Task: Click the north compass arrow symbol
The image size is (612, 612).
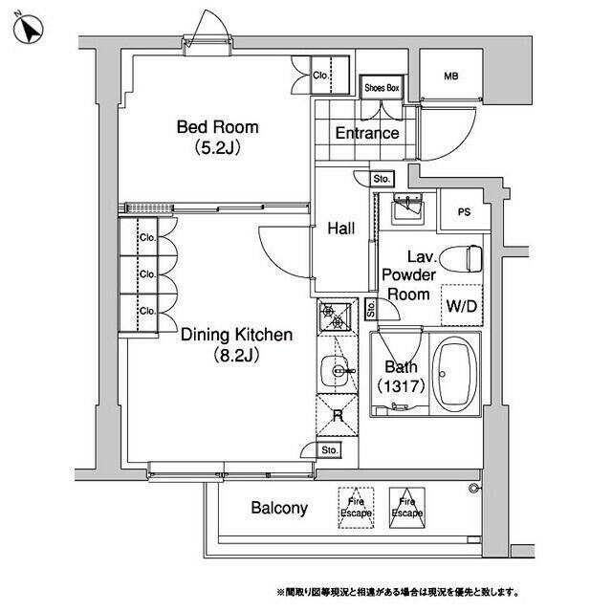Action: click(x=28, y=29)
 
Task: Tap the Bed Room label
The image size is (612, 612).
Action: click(x=217, y=127)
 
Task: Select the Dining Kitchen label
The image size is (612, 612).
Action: click(x=236, y=335)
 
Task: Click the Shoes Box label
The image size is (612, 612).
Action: click(x=382, y=88)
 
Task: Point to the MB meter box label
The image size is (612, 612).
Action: click(x=450, y=76)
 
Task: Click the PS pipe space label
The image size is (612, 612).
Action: click(x=464, y=212)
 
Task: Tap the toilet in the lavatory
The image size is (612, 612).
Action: click(x=461, y=258)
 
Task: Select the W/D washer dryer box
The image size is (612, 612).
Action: click(x=462, y=306)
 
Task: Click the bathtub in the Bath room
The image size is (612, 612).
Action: click(x=454, y=374)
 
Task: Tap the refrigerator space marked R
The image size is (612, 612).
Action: click(x=338, y=415)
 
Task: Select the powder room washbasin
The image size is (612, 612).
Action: click(x=408, y=208)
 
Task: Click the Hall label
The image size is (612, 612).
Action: click(x=341, y=229)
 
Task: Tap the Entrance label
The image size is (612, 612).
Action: click(x=367, y=133)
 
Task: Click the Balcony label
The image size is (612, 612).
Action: click(x=279, y=508)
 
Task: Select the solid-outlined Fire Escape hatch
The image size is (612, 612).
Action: click(x=407, y=508)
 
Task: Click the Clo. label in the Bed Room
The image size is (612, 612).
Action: click(x=321, y=75)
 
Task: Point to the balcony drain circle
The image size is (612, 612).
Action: click(x=474, y=488)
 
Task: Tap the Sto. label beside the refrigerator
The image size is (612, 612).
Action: click(x=329, y=450)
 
